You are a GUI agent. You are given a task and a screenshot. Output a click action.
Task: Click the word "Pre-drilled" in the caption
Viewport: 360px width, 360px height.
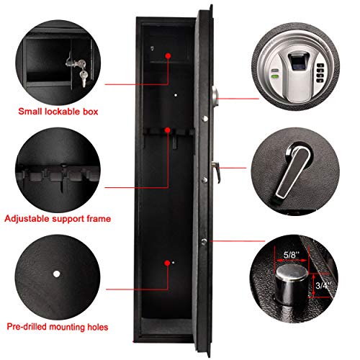pos(30,327)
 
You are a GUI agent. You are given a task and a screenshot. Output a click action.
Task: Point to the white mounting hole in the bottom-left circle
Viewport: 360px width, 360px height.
pos(57,274)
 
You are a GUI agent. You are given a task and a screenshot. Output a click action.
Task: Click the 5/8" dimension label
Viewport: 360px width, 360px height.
pos(293,253)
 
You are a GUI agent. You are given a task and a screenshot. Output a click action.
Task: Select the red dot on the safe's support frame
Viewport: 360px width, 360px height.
pos(168,130)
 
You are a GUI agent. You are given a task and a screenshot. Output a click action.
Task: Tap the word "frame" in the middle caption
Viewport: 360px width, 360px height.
pos(97,217)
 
